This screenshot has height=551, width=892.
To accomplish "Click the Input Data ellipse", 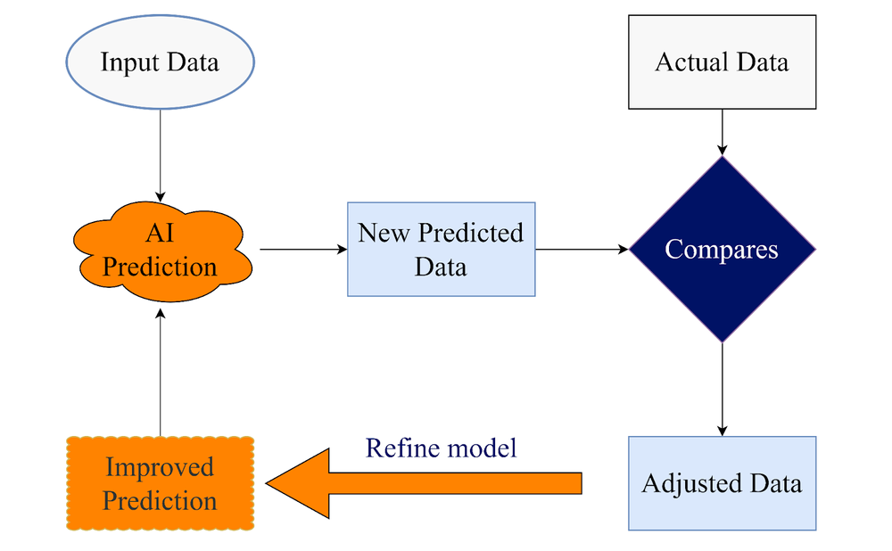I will [x=160, y=63].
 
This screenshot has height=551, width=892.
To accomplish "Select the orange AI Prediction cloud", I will [x=160, y=251].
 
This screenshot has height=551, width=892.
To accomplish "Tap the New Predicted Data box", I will [x=441, y=250].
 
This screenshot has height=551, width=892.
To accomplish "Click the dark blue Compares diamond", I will [x=722, y=250].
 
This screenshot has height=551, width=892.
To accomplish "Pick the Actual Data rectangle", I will [x=722, y=62].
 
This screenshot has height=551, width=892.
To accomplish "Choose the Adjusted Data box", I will [x=722, y=483].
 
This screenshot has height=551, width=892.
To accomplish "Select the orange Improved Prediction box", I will [x=160, y=483].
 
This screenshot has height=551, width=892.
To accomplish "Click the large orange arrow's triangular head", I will [x=299, y=483].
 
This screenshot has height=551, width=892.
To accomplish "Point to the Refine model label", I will [x=441, y=448].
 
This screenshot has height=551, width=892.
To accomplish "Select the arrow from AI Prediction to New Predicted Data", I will [x=302, y=250].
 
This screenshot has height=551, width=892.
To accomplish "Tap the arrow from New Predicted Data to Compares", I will [x=582, y=250].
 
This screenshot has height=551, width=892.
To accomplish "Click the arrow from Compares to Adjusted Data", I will [x=722, y=389].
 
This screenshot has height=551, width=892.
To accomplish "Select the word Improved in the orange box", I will [x=160, y=467].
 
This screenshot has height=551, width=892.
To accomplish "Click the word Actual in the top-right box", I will [x=688, y=62].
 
